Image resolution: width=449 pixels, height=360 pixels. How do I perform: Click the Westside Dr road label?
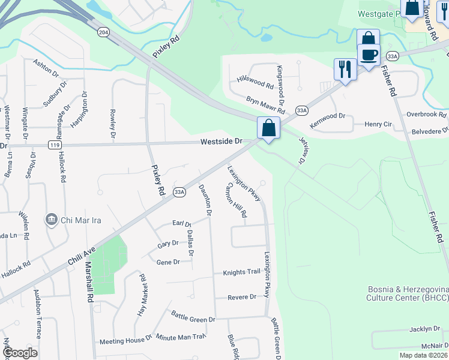click(x=221, y=142)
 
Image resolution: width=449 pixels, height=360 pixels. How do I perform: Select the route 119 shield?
click(x=55, y=145)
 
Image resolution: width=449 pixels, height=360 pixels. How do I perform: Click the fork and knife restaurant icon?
click(x=345, y=68)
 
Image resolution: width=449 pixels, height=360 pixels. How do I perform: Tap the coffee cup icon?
click(x=369, y=54)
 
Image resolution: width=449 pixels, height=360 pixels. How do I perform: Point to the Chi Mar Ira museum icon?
click(x=51, y=220)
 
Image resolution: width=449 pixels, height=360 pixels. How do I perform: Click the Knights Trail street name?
click(x=242, y=272)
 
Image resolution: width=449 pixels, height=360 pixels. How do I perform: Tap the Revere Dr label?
click(x=242, y=297)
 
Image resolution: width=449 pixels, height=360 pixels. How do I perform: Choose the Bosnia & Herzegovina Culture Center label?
click(x=408, y=292)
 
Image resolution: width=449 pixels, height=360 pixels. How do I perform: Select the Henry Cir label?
click(x=378, y=124)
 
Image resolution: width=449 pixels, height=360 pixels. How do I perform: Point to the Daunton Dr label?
click(x=204, y=200)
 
